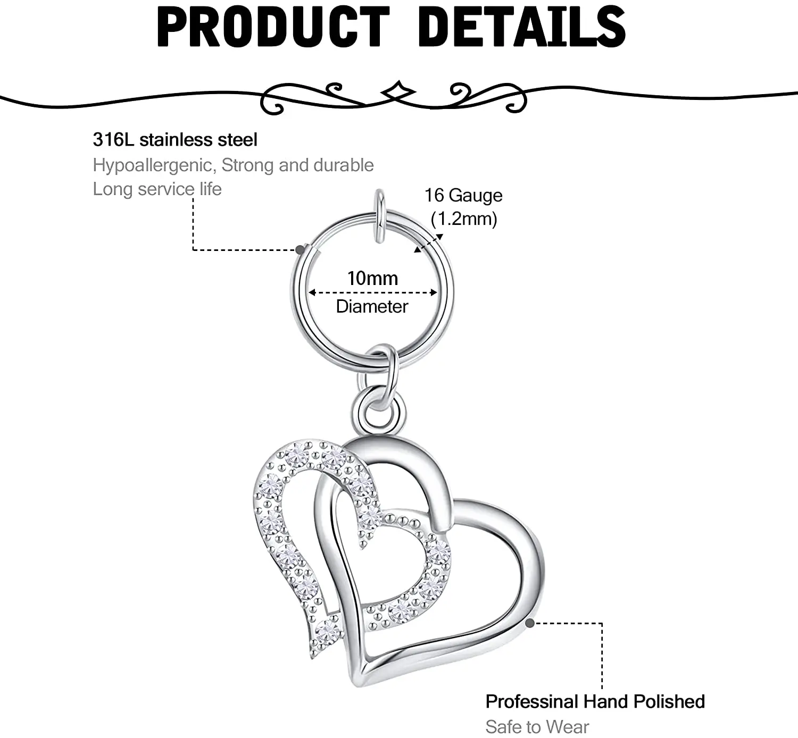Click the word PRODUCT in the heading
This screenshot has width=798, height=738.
(273, 27)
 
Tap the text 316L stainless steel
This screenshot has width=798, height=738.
(175, 140)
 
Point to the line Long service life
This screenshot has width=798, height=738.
(157, 189)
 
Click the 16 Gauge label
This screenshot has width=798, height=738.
(463, 196)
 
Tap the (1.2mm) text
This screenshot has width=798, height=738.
(464, 219)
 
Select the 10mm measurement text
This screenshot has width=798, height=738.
(372, 278)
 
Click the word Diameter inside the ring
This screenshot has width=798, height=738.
(372, 306)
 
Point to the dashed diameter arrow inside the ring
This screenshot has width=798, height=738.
(372, 292)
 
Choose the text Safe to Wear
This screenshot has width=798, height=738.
(537, 726)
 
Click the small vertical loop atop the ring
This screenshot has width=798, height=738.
(379, 215)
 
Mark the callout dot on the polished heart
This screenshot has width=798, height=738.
(530, 623)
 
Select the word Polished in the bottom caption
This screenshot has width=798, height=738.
(669, 702)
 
